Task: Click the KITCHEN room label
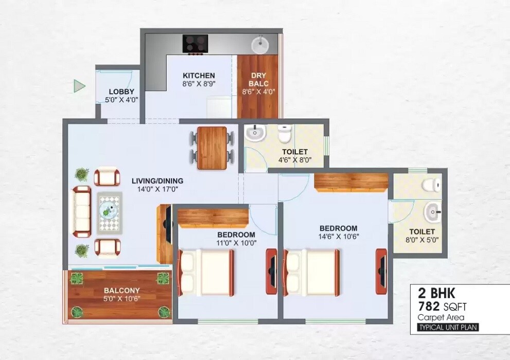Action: click(x=199, y=76)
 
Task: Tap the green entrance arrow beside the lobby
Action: click(x=79, y=86)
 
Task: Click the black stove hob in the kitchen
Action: click(x=195, y=43)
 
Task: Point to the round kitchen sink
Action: click(x=260, y=45)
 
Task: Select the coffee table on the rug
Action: click(x=109, y=211)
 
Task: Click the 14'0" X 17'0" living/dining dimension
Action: click(x=157, y=189)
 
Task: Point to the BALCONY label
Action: click(x=121, y=291)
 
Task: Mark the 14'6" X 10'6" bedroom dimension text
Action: click(x=338, y=237)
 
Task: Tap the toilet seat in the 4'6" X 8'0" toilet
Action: click(x=284, y=134)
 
